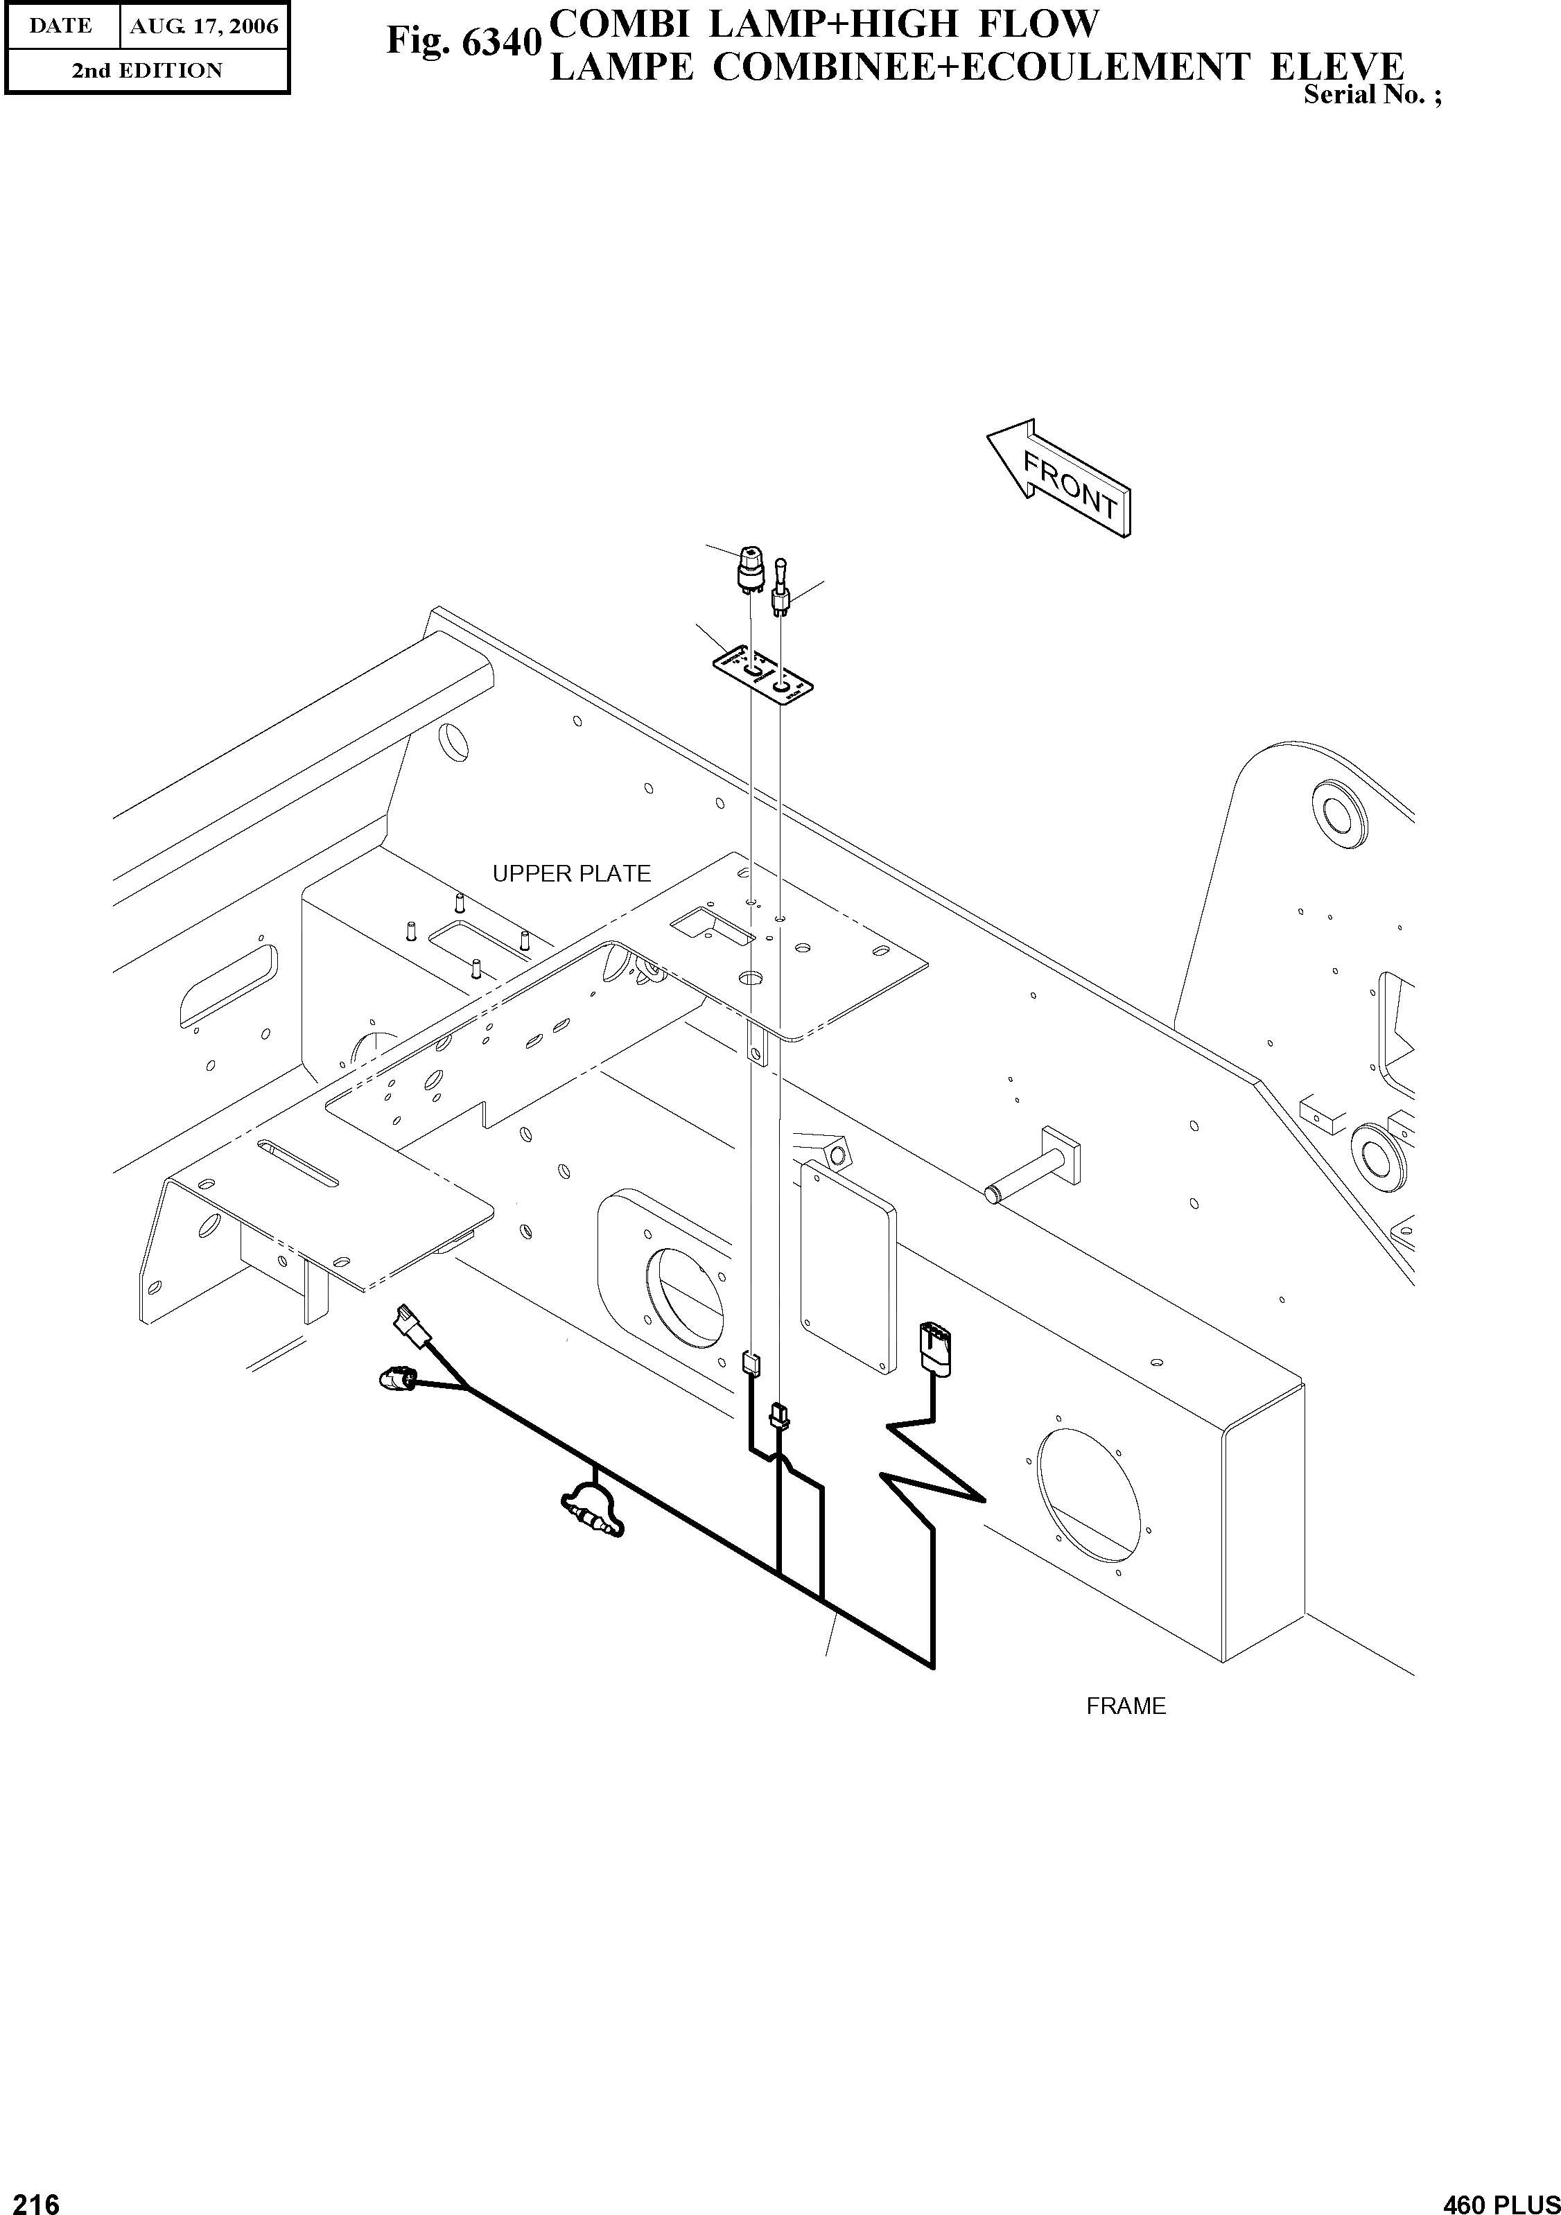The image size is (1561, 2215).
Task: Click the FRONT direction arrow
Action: point(1059,480)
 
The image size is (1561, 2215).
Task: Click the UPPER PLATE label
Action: point(571,873)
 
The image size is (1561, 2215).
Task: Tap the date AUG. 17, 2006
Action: point(204,26)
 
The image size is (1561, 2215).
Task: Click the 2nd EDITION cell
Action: point(147,71)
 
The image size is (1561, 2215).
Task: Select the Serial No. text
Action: point(1371,94)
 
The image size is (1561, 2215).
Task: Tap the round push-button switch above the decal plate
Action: point(749,566)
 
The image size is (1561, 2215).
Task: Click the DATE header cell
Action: point(61,26)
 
